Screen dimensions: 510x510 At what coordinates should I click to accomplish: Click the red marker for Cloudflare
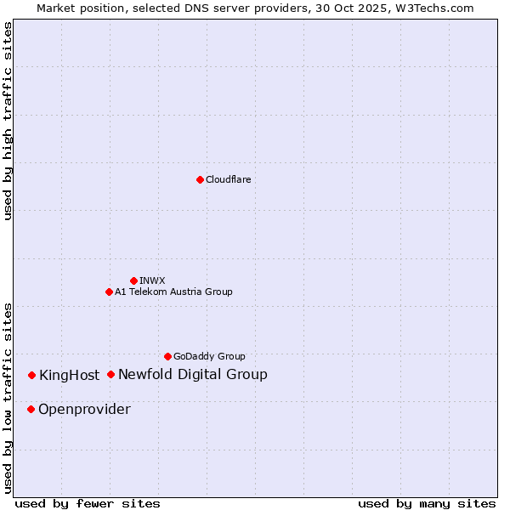coord(200,179)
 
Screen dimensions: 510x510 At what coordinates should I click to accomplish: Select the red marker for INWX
coord(133,280)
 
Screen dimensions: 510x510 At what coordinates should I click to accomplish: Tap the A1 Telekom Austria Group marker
coord(109,292)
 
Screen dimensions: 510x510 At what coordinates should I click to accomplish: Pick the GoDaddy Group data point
coord(167,356)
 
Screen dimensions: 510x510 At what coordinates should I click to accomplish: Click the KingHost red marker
coord(31,375)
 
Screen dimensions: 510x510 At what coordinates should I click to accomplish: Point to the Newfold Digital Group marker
coord(110,374)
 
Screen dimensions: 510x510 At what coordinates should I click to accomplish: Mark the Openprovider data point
coord(31,409)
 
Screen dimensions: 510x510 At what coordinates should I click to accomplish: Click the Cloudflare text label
coord(229,179)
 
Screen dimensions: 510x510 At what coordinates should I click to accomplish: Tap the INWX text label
coord(153,280)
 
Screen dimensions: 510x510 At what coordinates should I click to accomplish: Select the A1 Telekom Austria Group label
coord(173,292)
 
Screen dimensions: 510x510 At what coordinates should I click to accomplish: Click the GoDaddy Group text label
coord(209,356)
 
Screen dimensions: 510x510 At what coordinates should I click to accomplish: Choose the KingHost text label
coord(69,376)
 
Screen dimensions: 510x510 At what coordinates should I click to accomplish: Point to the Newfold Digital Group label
coord(193,374)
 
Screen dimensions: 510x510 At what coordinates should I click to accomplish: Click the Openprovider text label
coord(84,410)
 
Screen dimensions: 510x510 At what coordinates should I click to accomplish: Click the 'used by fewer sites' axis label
coord(88,503)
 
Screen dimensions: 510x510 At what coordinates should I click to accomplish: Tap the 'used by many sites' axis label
coord(427,503)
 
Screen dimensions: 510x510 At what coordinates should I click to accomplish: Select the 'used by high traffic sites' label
coord(8,122)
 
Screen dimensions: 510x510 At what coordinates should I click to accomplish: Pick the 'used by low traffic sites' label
coord(8,398)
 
